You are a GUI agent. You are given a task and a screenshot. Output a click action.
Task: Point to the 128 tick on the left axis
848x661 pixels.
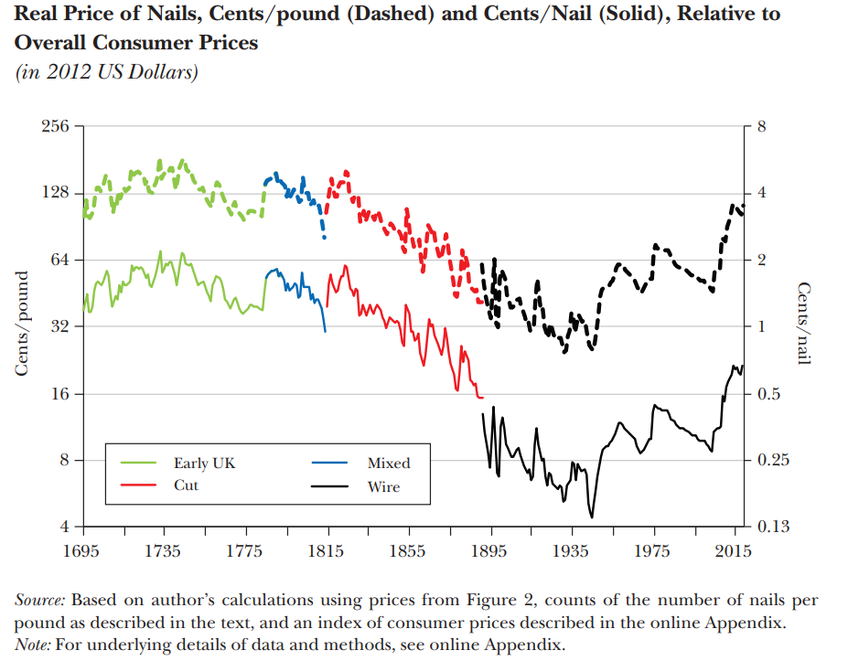pyautogui.click(x=57, y=193)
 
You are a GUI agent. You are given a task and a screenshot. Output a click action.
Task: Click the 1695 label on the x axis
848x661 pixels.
pyautogui.click(x=84, y=550)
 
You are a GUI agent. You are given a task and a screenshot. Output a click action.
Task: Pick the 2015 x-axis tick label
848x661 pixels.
pyautogui.click(x=734, y=550)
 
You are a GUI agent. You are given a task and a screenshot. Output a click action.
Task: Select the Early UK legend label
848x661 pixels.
pyautogui.click(x=204, y=464)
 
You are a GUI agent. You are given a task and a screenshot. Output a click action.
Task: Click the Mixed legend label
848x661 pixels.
pyautogui.click(x=389, y=464)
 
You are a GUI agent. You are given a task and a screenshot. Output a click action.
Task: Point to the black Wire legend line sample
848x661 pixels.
pyautogui.click(x=328, y=485)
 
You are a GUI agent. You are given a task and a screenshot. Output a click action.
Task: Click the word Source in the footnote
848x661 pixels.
pyautogui.click(x=39, y=601)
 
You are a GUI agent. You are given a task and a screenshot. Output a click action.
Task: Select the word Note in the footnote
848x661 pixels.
pyautogui.click(x=34, y=645)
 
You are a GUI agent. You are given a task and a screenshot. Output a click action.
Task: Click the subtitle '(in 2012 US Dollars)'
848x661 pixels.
pyautogui.click(x=107, y=73)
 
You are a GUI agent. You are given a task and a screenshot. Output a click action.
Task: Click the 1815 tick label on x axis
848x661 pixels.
pyautogui.click(x=327, y=550)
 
